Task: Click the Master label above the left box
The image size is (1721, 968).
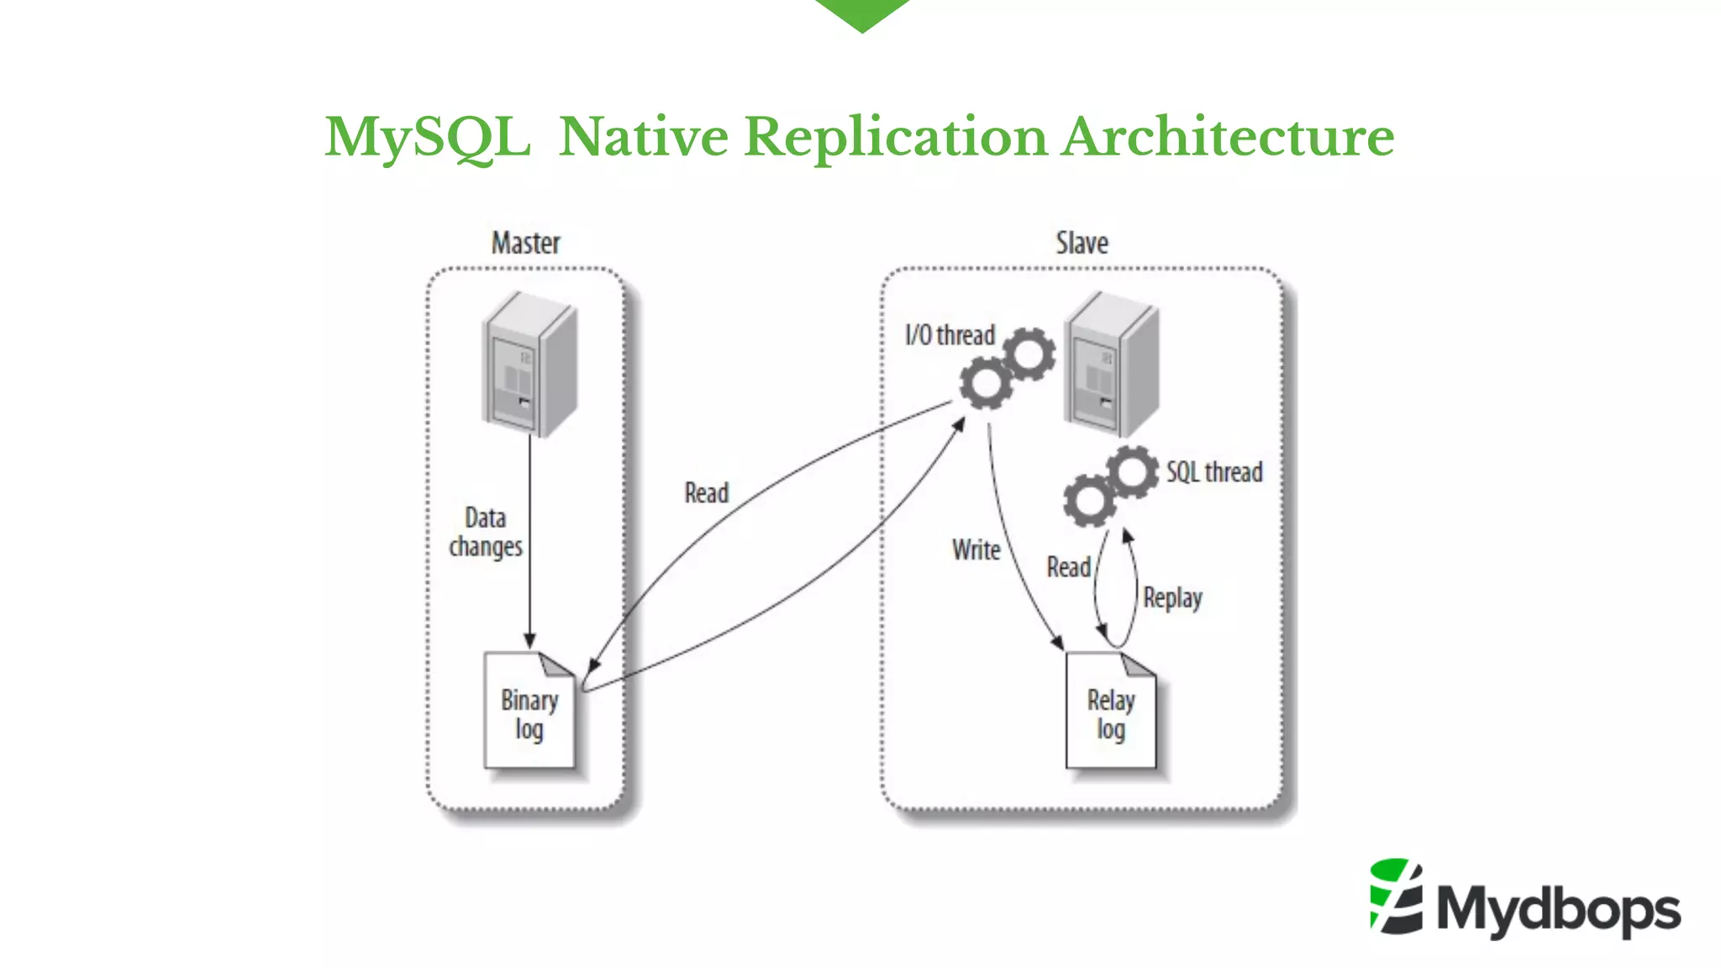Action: tap(525, 243)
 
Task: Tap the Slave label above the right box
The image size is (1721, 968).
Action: tap(1082, 243)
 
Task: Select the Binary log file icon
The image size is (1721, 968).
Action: tap(529, 712)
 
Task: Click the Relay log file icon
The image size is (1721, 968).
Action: tap(1110, 712)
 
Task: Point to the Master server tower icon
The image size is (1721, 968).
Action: tap(529, 364)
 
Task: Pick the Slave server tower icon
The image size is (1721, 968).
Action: tap(1112, 364)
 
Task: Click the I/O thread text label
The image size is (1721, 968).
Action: tap(950, 335)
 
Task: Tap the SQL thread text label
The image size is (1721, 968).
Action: tap(1213, 472)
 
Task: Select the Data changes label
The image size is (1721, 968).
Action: tap(486, 532)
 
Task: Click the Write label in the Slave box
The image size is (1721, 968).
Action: tap(976, 550)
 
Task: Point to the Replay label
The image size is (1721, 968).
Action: tap(1172, 598)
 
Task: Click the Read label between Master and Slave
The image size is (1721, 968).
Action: tap(706, 493)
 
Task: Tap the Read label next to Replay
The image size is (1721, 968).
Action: tap(1068, 568)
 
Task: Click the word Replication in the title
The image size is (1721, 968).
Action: tap(896, 137)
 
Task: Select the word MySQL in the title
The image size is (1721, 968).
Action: tap(428, 137)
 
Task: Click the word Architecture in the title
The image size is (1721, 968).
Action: tap(1227, 137)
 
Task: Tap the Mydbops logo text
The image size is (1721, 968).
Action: tap(1558, 910)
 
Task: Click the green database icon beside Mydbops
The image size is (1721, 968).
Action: tap(1396, 897)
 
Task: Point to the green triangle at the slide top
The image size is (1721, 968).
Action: tap(862, 13)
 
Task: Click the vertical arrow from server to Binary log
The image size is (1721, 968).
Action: tap(529, 538)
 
